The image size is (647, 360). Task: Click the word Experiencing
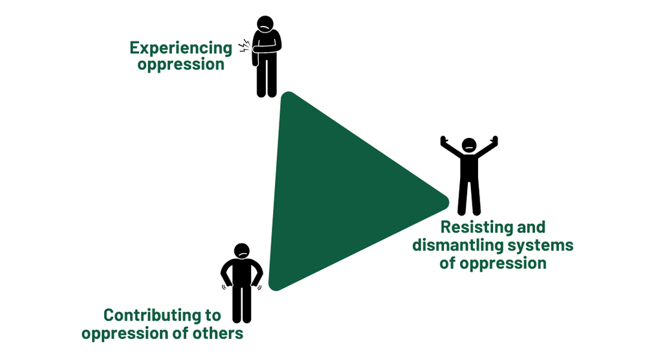[x=181, y=49]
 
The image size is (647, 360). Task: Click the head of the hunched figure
[x=265, y=24]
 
